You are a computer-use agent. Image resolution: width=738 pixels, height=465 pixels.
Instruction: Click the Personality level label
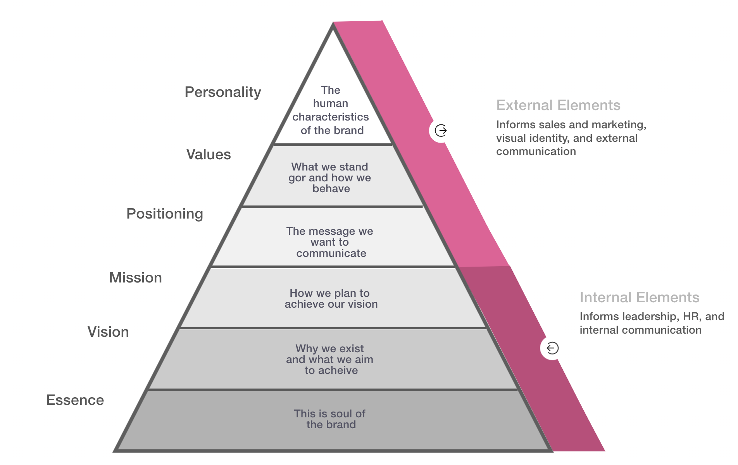pyautogui.click(x=223, y=92)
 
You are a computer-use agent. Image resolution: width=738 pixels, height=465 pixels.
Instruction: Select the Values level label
pyautogui.click(x=209, y=155)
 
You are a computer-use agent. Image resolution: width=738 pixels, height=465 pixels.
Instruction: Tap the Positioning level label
pyautogui.click(x=165, y=214)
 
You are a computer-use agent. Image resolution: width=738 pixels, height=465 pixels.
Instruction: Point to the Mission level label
pyautogui.click(x=136, y=278)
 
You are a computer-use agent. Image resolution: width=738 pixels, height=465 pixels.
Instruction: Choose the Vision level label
pyautogui.click(x=108, y=332)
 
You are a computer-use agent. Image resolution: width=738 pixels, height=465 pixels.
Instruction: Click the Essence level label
pyautogui.click(x=75, y=400)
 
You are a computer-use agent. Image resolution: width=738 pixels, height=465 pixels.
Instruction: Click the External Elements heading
pyautogui.click(x=558, y=105)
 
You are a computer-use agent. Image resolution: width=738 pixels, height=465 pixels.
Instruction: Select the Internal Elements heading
pyautogui.click(x=640, y=298)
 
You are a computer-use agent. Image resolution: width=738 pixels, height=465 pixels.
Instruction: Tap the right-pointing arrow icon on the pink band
pyautogui.click(x=441, y=131)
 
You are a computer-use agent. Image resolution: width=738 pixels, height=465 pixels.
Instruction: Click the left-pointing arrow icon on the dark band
pyautogui.click(x=552, y=348)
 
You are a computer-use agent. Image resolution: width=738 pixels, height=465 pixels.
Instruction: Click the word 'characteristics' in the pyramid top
pyautogui.click(x=331, y=117)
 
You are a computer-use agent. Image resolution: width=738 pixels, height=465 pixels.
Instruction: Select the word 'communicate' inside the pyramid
pyautogui.click(x=331, y=253)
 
